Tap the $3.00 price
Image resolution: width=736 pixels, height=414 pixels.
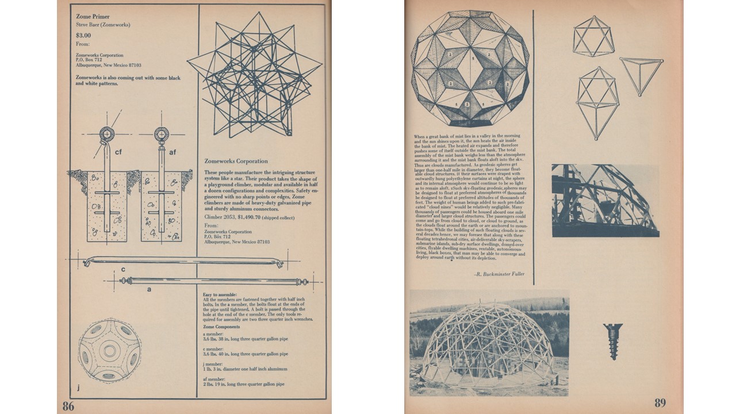tap(83, 36)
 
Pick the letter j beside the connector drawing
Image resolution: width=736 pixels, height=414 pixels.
tap(79, 387)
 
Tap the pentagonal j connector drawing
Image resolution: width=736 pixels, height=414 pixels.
tap(109, 350)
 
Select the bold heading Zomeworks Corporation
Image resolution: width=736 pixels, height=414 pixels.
tap(236, 162)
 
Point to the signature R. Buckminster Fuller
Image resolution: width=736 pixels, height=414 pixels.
tap(499, 274)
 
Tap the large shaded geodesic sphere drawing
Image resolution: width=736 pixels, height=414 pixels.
tap(470, 68)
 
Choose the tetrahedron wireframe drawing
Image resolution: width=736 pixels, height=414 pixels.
tap(640, 74)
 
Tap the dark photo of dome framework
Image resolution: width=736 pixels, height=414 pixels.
tap(604, 201)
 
